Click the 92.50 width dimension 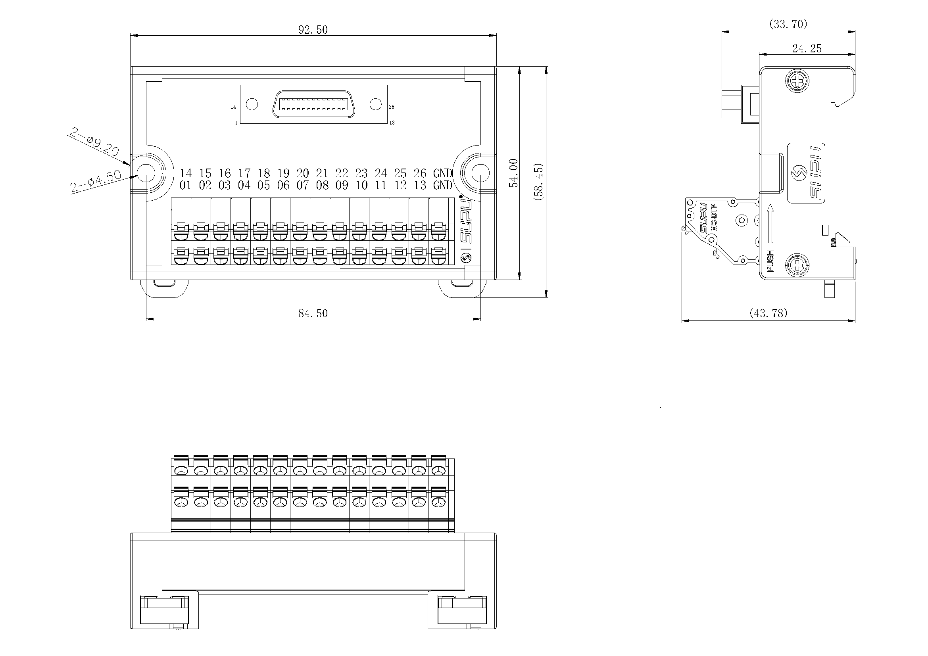tap(313, 30)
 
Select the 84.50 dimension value tap(313, 313)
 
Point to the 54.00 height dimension tap(513, 173)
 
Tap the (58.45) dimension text tap(538, 182)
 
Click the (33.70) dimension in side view tap(788, 24)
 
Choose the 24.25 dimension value tap(807, 48)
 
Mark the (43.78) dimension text tap(769, 313)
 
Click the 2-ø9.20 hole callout tap(94, 141)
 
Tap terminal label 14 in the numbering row tap(186, 173)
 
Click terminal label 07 tap(303, 185)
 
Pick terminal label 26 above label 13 tap(420, 173)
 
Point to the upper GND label tap(443, 173)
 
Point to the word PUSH tap(770, 261)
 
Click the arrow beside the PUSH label tap(770, 223)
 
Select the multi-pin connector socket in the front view tap(314, 104)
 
